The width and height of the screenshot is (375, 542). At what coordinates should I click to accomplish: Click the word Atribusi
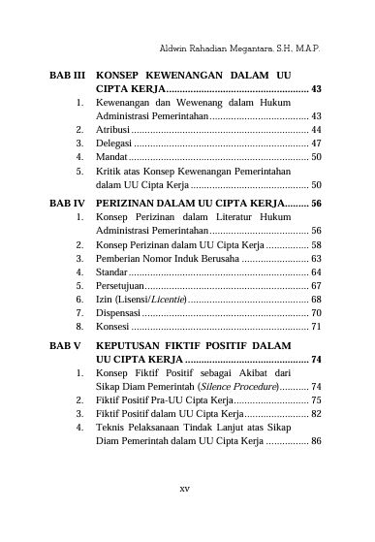(114, 129)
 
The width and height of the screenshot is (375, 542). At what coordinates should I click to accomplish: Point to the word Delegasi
(115, 143)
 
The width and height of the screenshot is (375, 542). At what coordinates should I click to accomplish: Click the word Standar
(112, 272)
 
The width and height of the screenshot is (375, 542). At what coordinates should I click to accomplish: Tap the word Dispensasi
(119, 313)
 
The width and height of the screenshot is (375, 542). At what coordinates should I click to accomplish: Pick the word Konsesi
(113, 327)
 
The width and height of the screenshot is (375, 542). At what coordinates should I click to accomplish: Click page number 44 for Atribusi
(316, 129)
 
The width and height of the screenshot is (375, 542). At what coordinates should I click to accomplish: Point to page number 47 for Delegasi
(316, 143)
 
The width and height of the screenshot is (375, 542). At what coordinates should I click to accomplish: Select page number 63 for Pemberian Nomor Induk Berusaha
(316, 259)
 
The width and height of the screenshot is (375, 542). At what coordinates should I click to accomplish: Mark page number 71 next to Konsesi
(316, 327)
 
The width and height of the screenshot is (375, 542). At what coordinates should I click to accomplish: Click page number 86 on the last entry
(316, 441)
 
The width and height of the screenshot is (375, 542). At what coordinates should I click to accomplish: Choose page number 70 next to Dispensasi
(316, 313)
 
